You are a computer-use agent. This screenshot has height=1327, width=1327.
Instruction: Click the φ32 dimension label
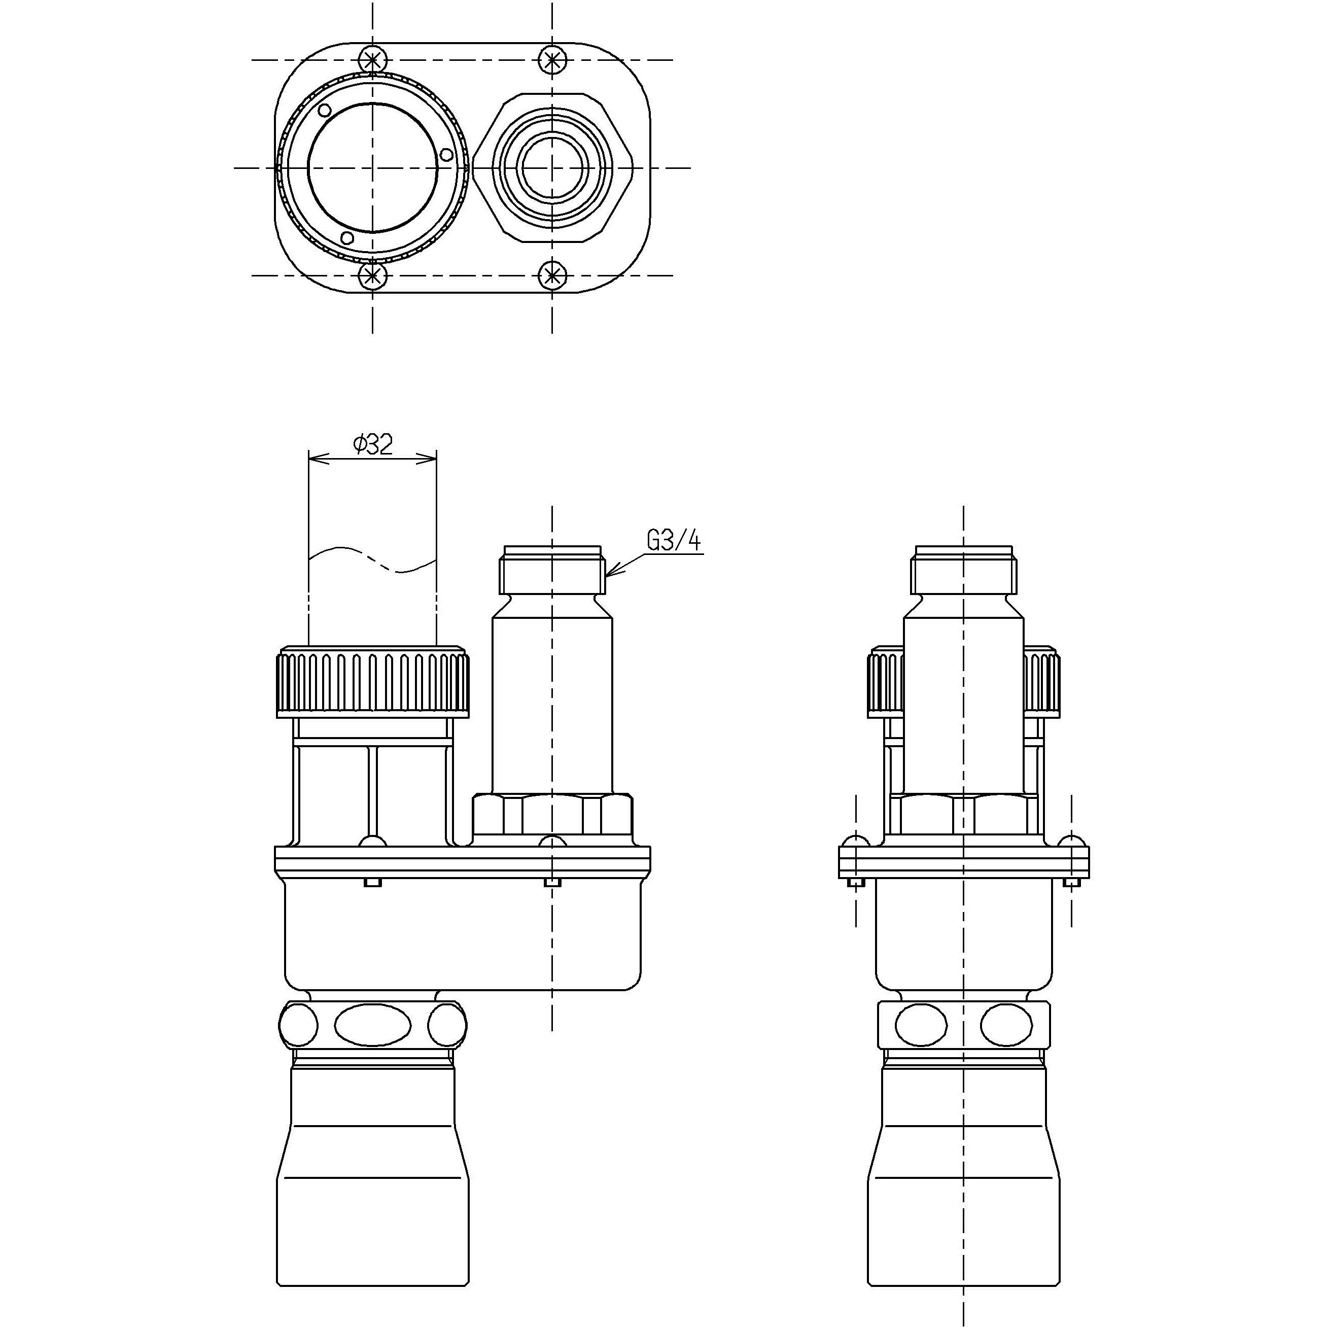click(373, 445)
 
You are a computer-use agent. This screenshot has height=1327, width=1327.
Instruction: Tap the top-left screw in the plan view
click(373, 60)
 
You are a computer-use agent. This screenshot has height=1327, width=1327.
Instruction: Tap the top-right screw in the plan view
click(551, 60)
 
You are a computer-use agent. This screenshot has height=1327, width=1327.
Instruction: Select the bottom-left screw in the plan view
click(373, 276)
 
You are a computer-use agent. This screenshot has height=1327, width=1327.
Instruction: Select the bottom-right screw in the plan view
click(551, 276)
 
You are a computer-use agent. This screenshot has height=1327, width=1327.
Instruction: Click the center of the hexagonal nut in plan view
click(552, 167)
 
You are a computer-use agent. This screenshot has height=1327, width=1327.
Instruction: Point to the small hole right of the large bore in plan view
click(446, 156)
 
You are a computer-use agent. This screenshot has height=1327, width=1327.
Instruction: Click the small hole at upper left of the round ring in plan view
click(325, 110)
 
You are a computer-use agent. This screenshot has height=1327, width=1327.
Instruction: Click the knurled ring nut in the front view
click(373, 683)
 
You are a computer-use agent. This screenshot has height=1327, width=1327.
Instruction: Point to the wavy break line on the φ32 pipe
click(373, 560)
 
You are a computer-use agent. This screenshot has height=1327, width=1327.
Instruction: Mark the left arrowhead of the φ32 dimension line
click(313, 458)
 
